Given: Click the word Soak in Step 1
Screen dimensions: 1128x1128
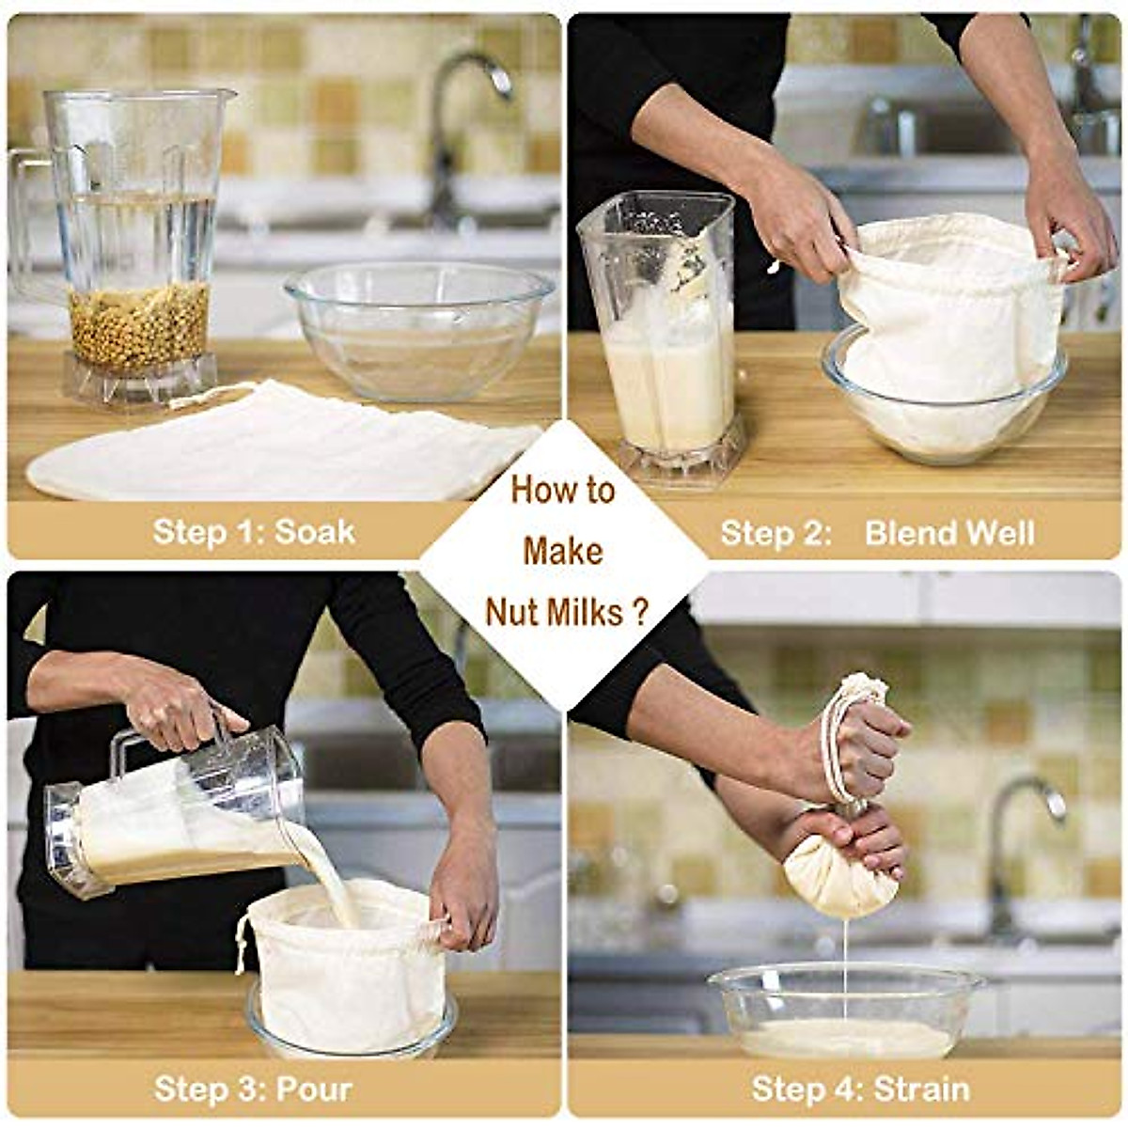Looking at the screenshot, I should pyautogui.click(x=315, y=531).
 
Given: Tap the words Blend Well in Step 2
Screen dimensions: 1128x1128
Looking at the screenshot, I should pyautogui.click(x=948, y=533).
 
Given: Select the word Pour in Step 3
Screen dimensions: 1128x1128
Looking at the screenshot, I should pyautogui.click(x=314, y=1089).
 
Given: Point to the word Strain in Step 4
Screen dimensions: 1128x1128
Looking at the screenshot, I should pyautogui.click(x=921, y=1089).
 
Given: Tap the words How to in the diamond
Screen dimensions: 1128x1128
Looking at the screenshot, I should pyautogui.click(x=562, y=490).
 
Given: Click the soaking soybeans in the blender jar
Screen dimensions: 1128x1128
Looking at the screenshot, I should pyautogui.click(x=139, y=325).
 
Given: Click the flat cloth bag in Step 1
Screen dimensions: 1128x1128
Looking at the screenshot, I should pyautogui.click(x=282, y=446).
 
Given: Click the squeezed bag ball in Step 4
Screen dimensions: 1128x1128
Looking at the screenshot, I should pyautogui.click(x=839, y=874).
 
